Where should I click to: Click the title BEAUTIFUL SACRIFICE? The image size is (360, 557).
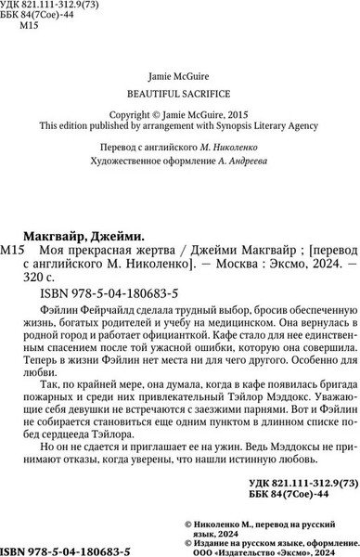click(180, 94)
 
